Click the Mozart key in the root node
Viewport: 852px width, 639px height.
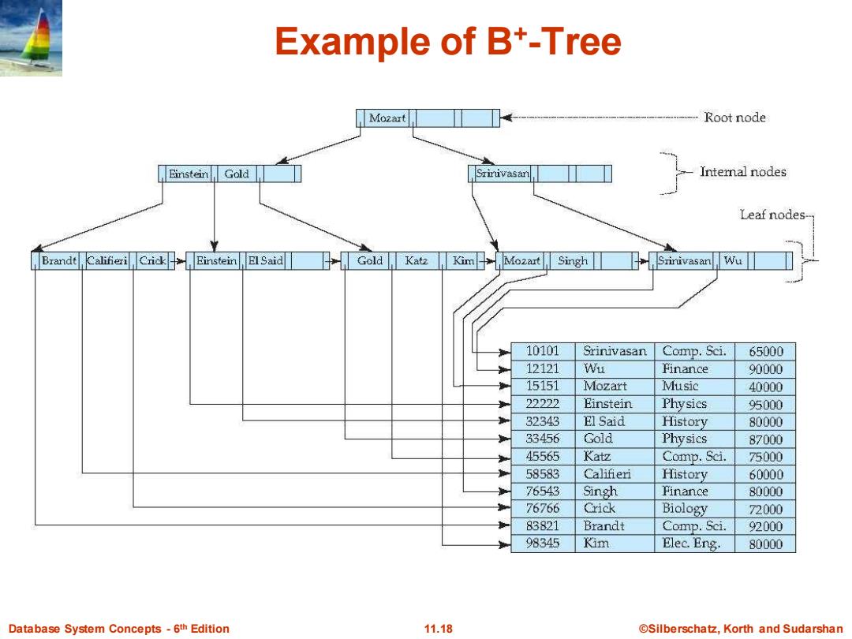[x=387, y=118]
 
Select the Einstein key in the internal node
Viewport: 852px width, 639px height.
[x=189, y=174]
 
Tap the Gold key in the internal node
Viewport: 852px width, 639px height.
[x=237, y=174]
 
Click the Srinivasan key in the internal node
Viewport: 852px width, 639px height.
[x=502, y=174]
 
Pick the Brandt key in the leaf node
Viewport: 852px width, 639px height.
[x=58, y=261]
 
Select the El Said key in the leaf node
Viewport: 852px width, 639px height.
[x=266, y=261]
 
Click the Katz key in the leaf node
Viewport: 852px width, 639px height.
[x=417, y=261]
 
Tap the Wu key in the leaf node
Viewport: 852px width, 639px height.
[x=732, y=261]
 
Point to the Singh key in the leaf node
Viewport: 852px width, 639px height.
[x=573, y=261]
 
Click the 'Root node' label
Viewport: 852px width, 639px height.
[x=734, y=118]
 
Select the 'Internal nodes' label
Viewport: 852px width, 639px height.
[x=743, y=172]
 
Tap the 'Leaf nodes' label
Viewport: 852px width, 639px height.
[x=772, y=215]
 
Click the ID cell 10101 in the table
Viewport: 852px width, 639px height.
[x=542, y=351]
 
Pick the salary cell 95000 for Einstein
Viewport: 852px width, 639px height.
[x=765, y=404]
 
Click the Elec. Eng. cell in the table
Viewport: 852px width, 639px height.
[x=691, y=544]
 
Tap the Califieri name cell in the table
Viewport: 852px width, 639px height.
[x=607, y=474]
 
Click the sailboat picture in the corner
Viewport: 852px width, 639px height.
[x=31, y=38]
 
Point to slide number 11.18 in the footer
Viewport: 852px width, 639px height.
[x=438, y=629]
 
